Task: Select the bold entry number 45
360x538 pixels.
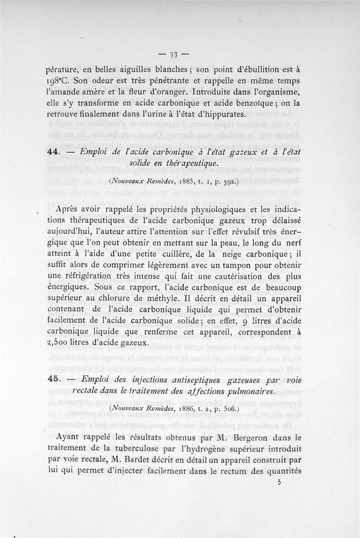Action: [x=54, y=381]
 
